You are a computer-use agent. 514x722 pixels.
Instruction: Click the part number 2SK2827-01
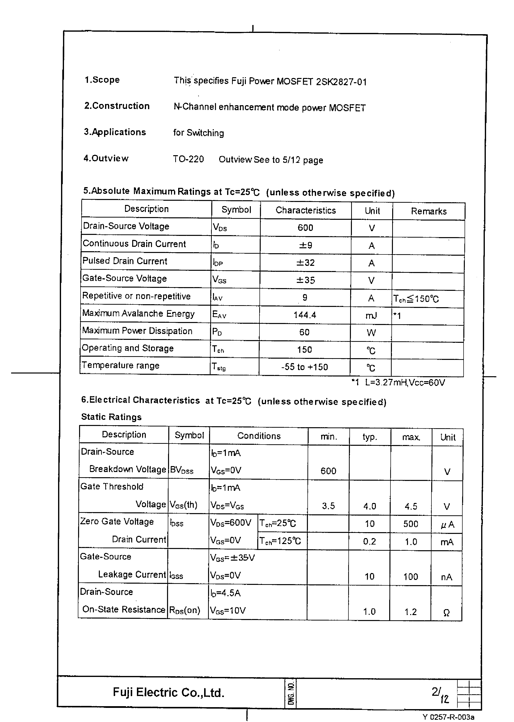coord(341,82)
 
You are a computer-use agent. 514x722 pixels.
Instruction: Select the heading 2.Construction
coord(117,106)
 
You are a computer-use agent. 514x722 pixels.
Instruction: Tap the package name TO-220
coord(188,159)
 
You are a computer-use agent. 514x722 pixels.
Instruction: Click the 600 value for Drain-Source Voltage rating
coord(305,227)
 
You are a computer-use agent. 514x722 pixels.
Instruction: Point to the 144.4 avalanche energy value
coord(304,315)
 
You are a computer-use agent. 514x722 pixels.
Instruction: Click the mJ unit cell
coord(371,315)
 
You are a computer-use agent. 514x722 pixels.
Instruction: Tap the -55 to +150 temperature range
coord(304,367)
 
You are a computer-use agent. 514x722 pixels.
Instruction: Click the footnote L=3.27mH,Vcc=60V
coord(405,383)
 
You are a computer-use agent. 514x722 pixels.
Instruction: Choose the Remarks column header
coord(428,211)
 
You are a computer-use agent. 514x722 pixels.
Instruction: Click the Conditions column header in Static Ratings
coord(259,436)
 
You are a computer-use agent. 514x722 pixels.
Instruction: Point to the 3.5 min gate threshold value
coord(328,506)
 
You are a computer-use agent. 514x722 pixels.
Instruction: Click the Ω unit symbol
coord(446,613)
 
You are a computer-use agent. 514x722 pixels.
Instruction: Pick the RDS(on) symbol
coord(185,610)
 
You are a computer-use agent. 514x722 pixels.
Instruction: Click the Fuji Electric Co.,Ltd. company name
coord(168,693)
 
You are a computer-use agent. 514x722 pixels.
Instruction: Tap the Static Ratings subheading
coord(111,417)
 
